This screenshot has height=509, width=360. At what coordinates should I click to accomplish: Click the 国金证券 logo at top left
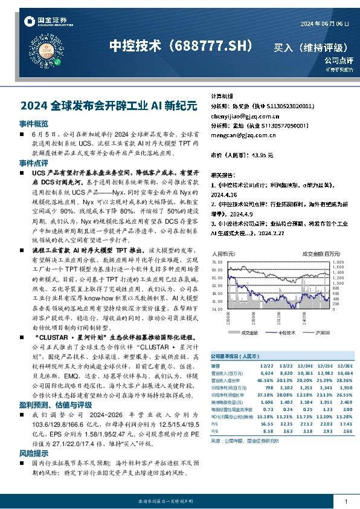[x=46, y=21]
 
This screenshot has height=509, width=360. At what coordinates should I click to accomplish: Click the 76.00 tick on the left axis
[x=217, y=262]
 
